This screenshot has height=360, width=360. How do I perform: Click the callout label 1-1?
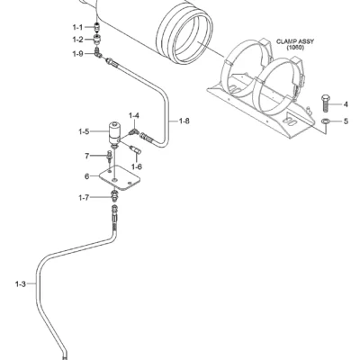77,27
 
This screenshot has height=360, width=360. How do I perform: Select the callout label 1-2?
77,40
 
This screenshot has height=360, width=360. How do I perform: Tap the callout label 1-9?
77,54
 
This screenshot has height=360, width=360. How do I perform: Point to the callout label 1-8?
184,121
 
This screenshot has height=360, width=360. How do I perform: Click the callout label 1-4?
134,115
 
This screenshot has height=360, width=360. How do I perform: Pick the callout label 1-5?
84,131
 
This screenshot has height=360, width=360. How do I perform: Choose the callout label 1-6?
137,166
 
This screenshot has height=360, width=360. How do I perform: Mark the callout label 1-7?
84,198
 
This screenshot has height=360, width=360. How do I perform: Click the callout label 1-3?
21,283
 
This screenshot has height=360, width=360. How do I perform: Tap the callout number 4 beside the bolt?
346,104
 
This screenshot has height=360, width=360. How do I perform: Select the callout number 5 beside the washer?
346,121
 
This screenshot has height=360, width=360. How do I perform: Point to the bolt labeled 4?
325,103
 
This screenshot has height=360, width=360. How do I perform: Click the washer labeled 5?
325,121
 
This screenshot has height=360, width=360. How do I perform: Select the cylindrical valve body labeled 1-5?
113,134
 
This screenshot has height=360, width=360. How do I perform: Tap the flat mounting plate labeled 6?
120,177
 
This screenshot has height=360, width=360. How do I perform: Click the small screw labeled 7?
109,157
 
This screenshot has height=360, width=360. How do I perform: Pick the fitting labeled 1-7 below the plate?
114,196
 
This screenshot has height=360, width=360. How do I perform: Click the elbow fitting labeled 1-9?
97,52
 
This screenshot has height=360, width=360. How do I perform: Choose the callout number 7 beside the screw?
87,156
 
